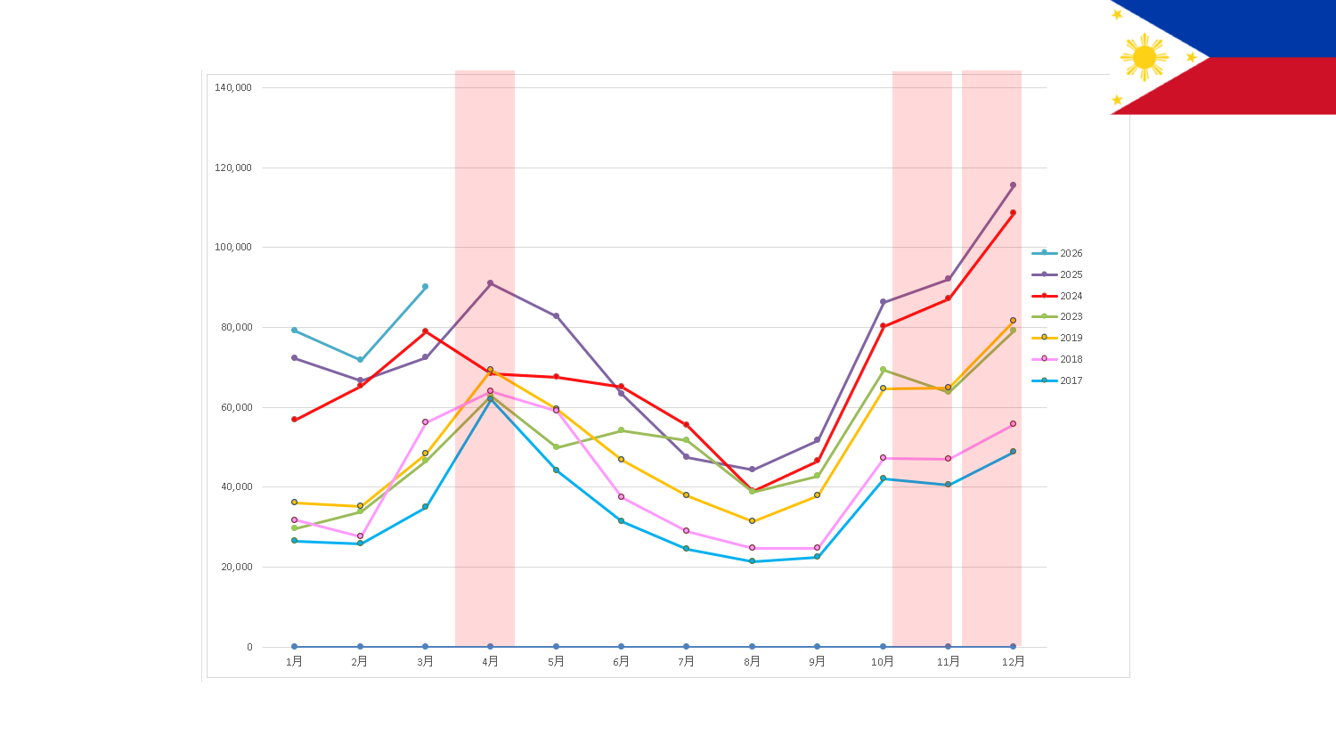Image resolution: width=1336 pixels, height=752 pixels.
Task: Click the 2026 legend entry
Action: coord(1057,253)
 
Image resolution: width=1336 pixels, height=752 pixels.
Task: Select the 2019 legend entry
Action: coord(1057,338)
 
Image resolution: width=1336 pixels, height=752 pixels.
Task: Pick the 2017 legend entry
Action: coord(1057,380)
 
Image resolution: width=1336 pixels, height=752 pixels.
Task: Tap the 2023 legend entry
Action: coord(1057,316)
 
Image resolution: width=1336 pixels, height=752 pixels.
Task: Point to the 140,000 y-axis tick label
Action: coord(233,87)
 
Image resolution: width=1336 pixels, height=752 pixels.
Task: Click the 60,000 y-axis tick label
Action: coord(237,408)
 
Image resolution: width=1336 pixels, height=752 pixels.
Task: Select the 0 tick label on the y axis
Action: coord(249,647)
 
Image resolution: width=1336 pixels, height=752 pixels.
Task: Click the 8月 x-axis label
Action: coord(752,661)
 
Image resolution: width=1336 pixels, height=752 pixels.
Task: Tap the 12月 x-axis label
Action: coord(1014,661)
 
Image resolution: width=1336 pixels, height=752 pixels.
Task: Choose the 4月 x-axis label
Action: coord(490,661)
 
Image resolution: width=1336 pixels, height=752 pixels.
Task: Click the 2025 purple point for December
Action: coord(1013,185)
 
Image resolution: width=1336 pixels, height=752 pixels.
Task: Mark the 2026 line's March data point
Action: coord(425,287)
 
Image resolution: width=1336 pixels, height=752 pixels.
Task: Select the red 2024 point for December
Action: coord(1013,212)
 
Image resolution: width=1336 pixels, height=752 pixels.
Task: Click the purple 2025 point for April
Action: coord(490,283)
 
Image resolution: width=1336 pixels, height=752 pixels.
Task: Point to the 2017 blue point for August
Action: coord(752,561)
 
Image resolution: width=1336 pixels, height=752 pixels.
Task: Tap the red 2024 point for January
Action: coord(294,420)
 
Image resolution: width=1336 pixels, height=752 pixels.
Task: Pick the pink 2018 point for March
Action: coord(425,422)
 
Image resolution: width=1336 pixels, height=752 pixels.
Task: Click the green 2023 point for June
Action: coord(621,430)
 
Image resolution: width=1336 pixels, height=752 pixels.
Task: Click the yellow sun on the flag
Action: coord(1144,57)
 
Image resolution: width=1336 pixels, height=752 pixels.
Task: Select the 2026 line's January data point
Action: coord(294,330)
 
